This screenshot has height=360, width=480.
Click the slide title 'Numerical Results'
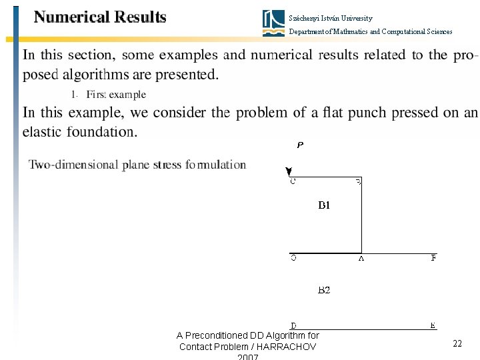tap(100, 17)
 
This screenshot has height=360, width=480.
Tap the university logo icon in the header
tap(273, 23)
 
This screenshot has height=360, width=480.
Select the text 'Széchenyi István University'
tap(331, 18)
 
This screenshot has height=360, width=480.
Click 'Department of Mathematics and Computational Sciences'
tap(370, 31)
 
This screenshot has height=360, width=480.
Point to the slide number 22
tap(457, 343)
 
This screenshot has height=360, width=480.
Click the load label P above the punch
tap(300, 145)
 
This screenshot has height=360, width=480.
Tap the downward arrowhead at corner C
tap(288, 172)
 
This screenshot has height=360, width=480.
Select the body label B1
tap(323, 206)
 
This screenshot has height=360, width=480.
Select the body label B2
tap(323, 290)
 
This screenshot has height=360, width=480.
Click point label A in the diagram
tap(361, 259)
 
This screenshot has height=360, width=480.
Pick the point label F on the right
tap(433, 259)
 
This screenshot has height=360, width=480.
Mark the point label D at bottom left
tap(293, 325)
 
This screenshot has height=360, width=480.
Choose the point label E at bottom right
tap(433, 325)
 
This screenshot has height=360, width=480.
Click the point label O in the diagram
tap(293, 259)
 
